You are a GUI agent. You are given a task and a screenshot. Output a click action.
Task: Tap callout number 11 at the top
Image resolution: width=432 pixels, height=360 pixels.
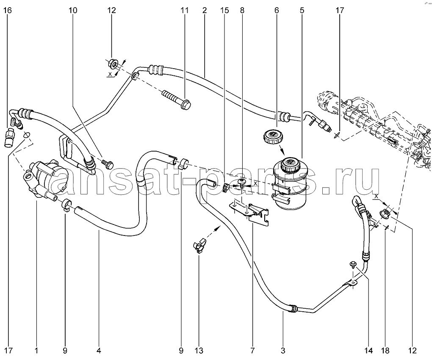[184, 11]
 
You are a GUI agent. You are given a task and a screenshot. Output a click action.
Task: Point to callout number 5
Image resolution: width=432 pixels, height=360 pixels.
[302, 11]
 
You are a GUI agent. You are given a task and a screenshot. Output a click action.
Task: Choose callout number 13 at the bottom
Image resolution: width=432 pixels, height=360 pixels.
[199, 350]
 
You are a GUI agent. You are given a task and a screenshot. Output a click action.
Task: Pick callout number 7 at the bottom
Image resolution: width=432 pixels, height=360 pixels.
[252, 350]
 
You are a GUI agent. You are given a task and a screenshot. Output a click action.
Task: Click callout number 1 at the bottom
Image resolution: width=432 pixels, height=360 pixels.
[36, 350]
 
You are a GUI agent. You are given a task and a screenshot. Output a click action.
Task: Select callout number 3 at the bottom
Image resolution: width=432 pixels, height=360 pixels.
[283, 350]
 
